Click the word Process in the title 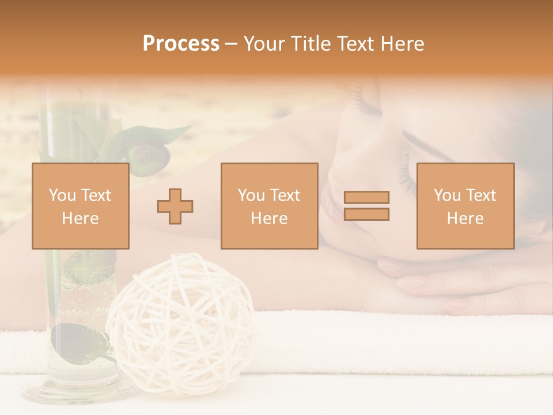pos(181,44)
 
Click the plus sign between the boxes pos(175,206)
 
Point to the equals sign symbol pos(366,206)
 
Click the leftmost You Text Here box pos(80,206)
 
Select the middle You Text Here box pos(269,206)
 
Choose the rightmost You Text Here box pos(465,206)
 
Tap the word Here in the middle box pos(269,218)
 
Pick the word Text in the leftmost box pos(95,195)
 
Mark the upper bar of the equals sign pos(366,197)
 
